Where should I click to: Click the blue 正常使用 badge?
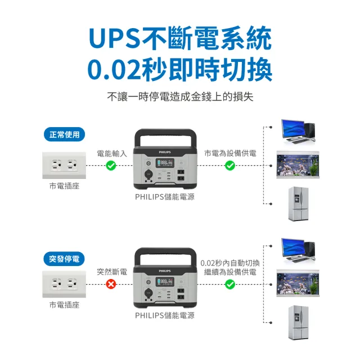[65, 134]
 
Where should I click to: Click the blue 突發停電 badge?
[65, 259]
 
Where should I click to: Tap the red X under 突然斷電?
[111, 284]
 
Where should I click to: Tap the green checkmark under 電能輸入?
[111, 165]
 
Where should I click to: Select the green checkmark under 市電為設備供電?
[230, 165]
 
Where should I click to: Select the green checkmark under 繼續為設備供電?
[230, 284]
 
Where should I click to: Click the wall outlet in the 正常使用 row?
[64, 165]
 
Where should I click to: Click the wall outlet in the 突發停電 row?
[64, 284]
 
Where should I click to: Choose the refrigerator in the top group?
[298, 204]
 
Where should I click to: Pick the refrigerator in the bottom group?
[298, 322]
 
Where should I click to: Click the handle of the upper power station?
[164, 135]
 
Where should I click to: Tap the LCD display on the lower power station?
[165, 281]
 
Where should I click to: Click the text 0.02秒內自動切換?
[230, 263]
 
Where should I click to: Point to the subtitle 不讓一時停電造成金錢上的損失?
[180, 97]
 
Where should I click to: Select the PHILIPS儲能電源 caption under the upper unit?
[165, 197]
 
